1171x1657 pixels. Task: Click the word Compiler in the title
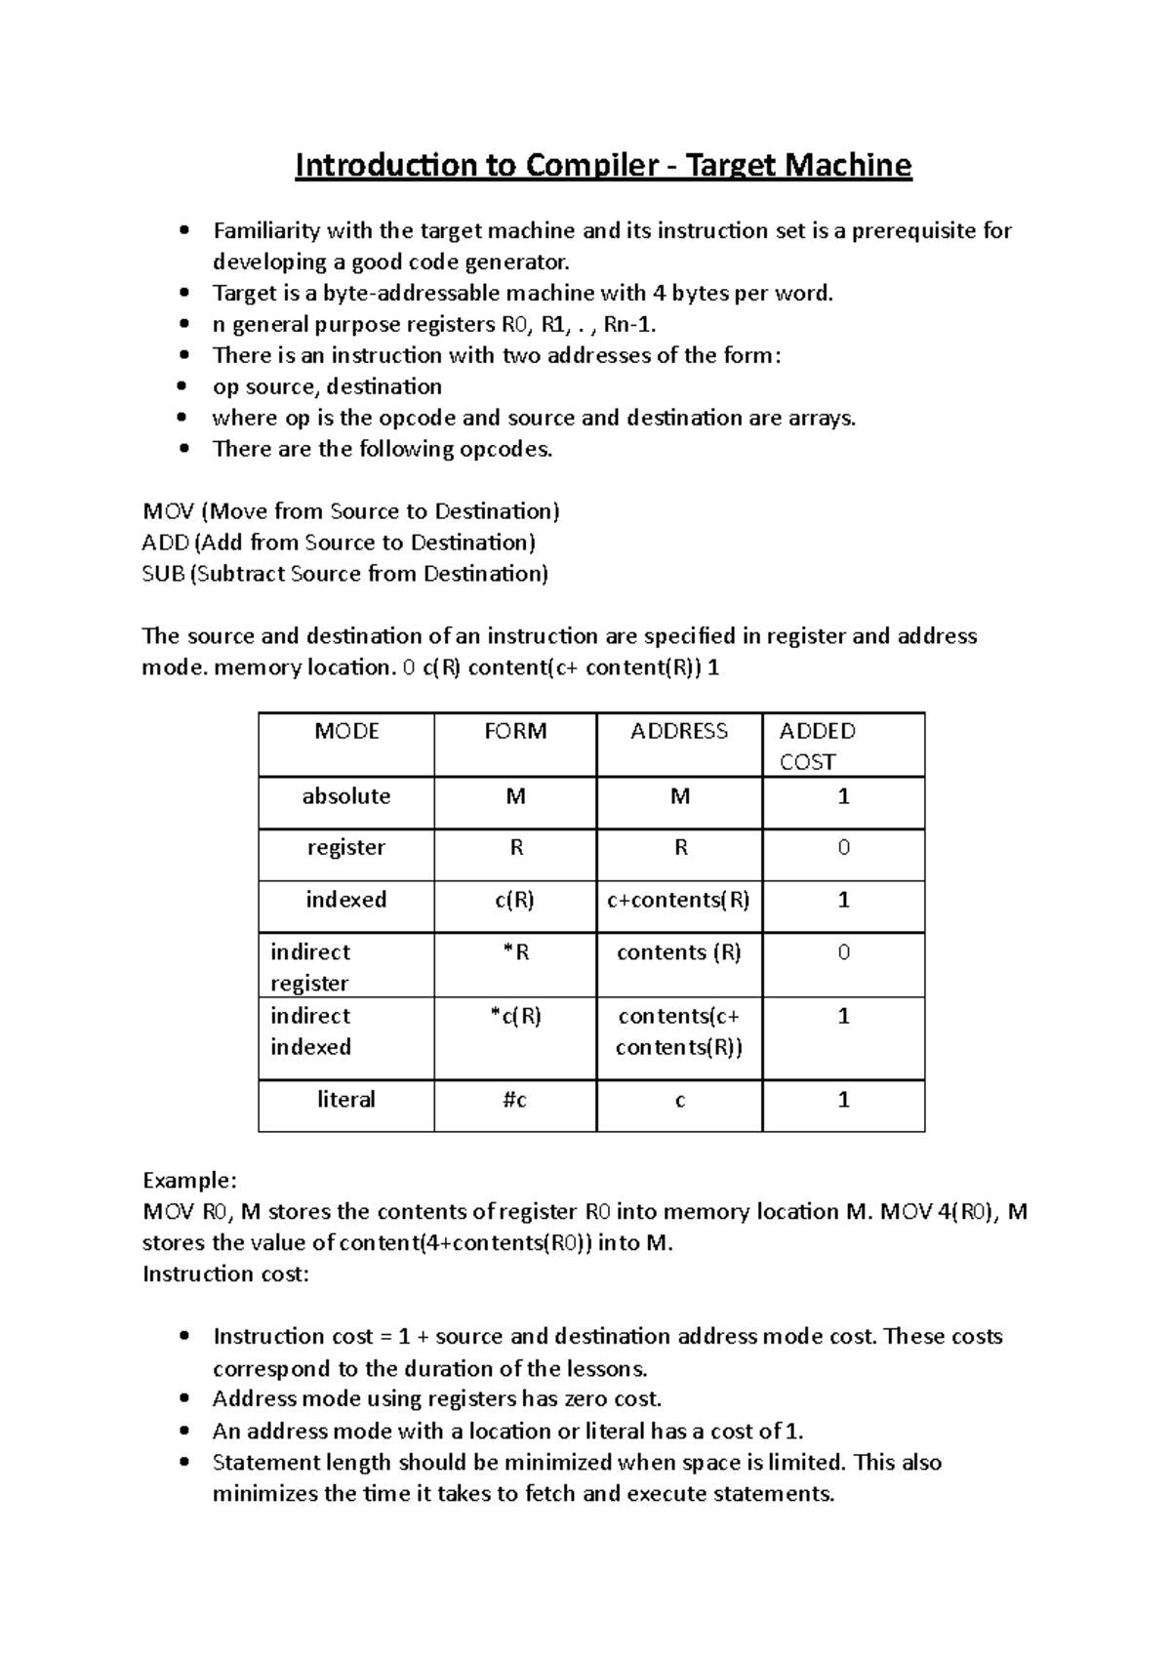point(591,167)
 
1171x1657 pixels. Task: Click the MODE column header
point(346,731)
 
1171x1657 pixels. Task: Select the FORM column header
point(515,731)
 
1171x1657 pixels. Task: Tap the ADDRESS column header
point(679,731)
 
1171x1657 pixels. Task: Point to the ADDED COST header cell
point(817,746)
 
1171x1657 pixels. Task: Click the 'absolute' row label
point(345,796)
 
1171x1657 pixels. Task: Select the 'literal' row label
point(345,1100)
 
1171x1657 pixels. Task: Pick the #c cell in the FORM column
point(515,1100)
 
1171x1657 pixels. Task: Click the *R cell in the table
point(515,952)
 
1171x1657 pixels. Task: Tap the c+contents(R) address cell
point(678,900)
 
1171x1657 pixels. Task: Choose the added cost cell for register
point(844,848)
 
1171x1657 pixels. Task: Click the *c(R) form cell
point(515,1017)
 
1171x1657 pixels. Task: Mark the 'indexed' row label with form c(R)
point(345,900)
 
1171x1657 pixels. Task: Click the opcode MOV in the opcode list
point(168,512)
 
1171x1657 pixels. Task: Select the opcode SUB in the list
point(163,574)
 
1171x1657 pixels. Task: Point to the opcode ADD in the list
point(166,543)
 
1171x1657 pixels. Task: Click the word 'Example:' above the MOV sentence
point(189,1181)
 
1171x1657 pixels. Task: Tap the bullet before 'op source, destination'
point(183,387)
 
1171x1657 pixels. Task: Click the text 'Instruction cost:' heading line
point(225,1273)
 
